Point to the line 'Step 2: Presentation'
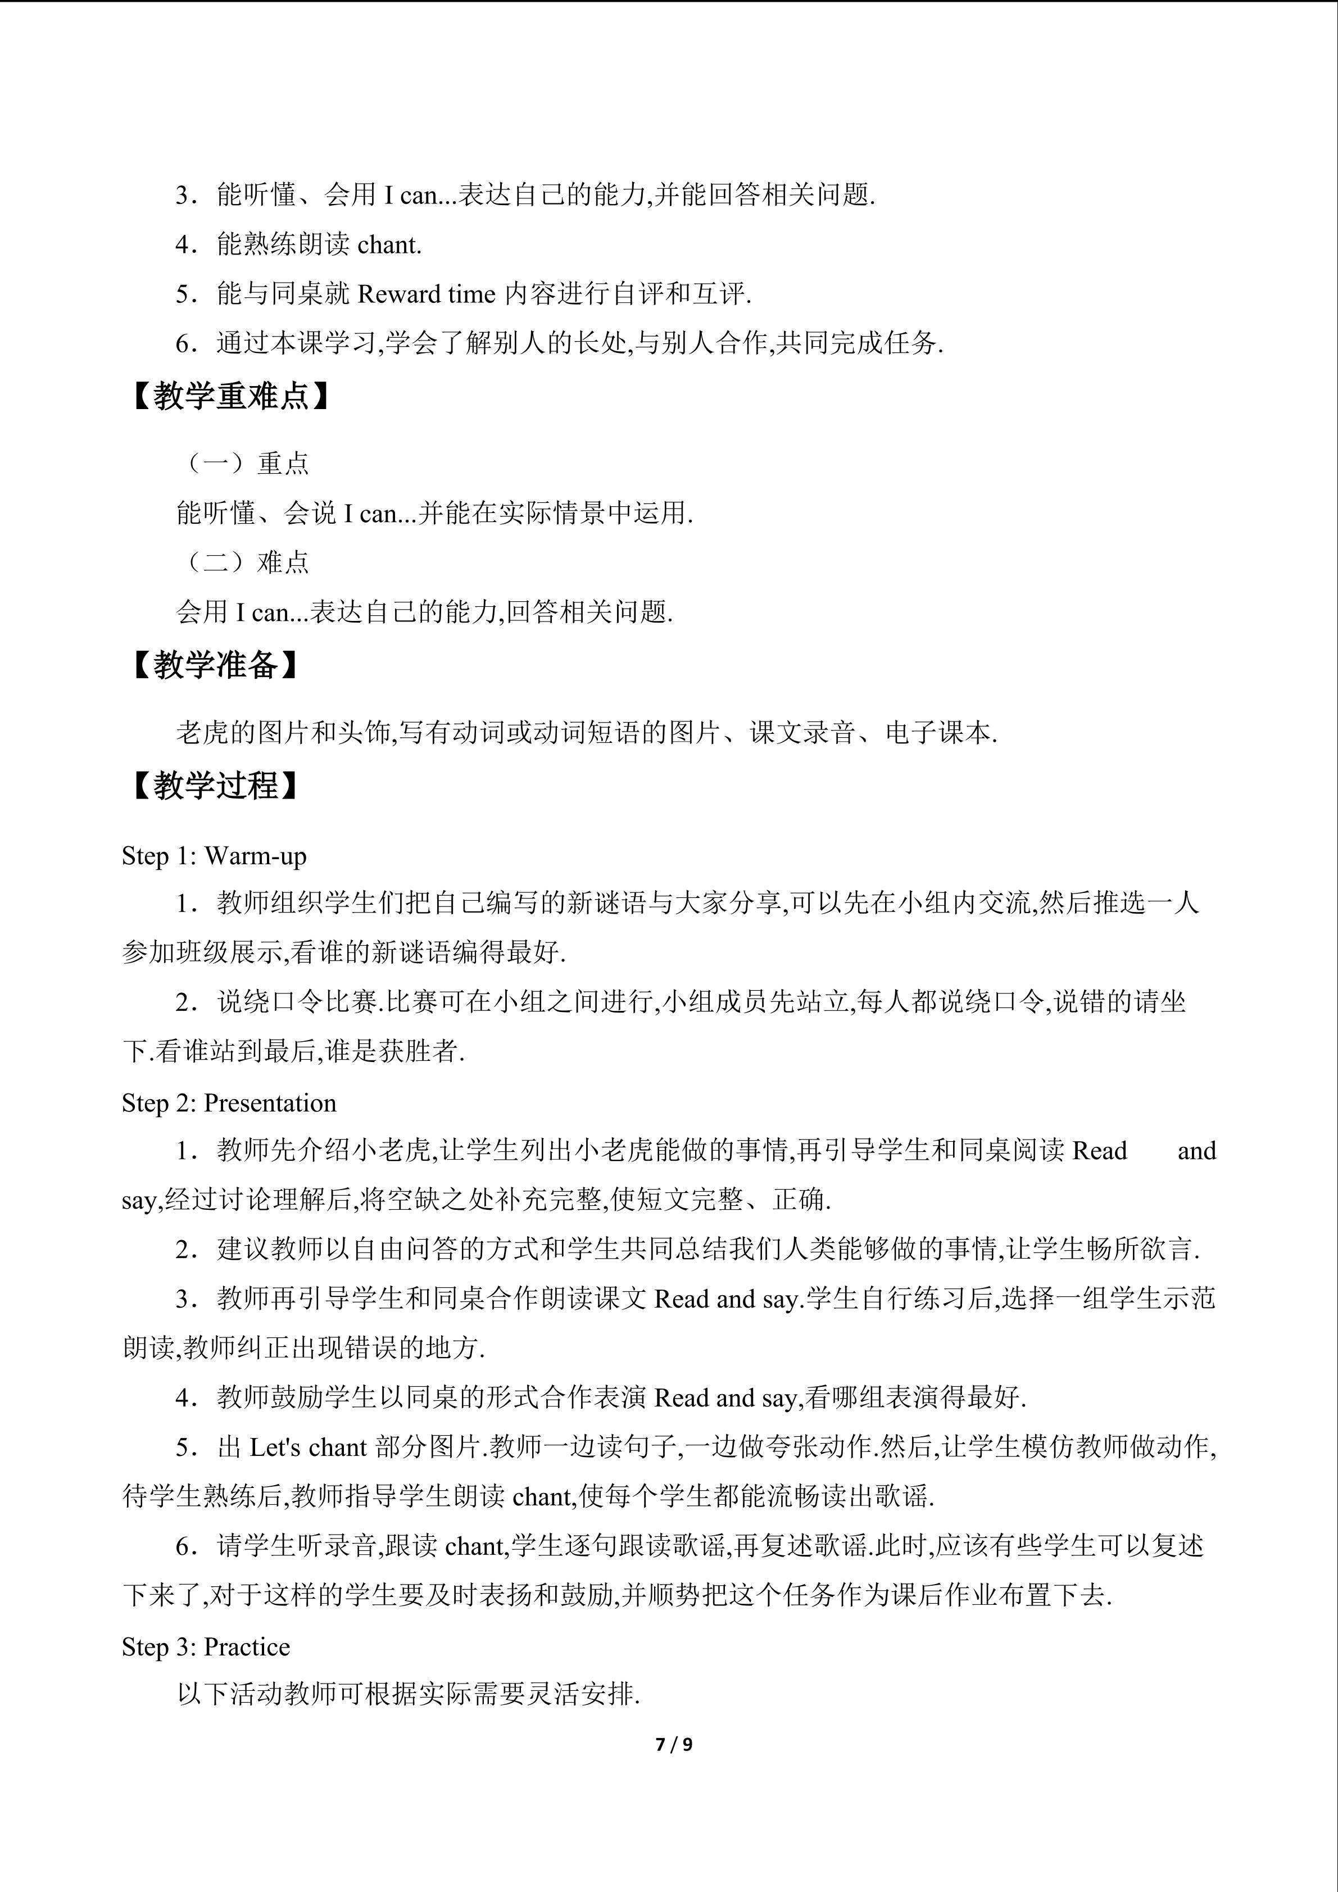pyautogui.click(x=229, y=1102)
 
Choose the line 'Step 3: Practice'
pyautogui.click(x=206, y=1646)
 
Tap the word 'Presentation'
pyautogui.click(x=270, y=1102)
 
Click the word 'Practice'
pyautogui.click(x=247, y=1646)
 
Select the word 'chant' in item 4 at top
pyautogui.click(x=389, y=245)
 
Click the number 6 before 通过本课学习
pyautogui.click(x=183, y=344)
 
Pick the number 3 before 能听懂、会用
pyautogui.click(x=183, y=196)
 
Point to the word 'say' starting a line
pyautogui.click(x=138, y=1201)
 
